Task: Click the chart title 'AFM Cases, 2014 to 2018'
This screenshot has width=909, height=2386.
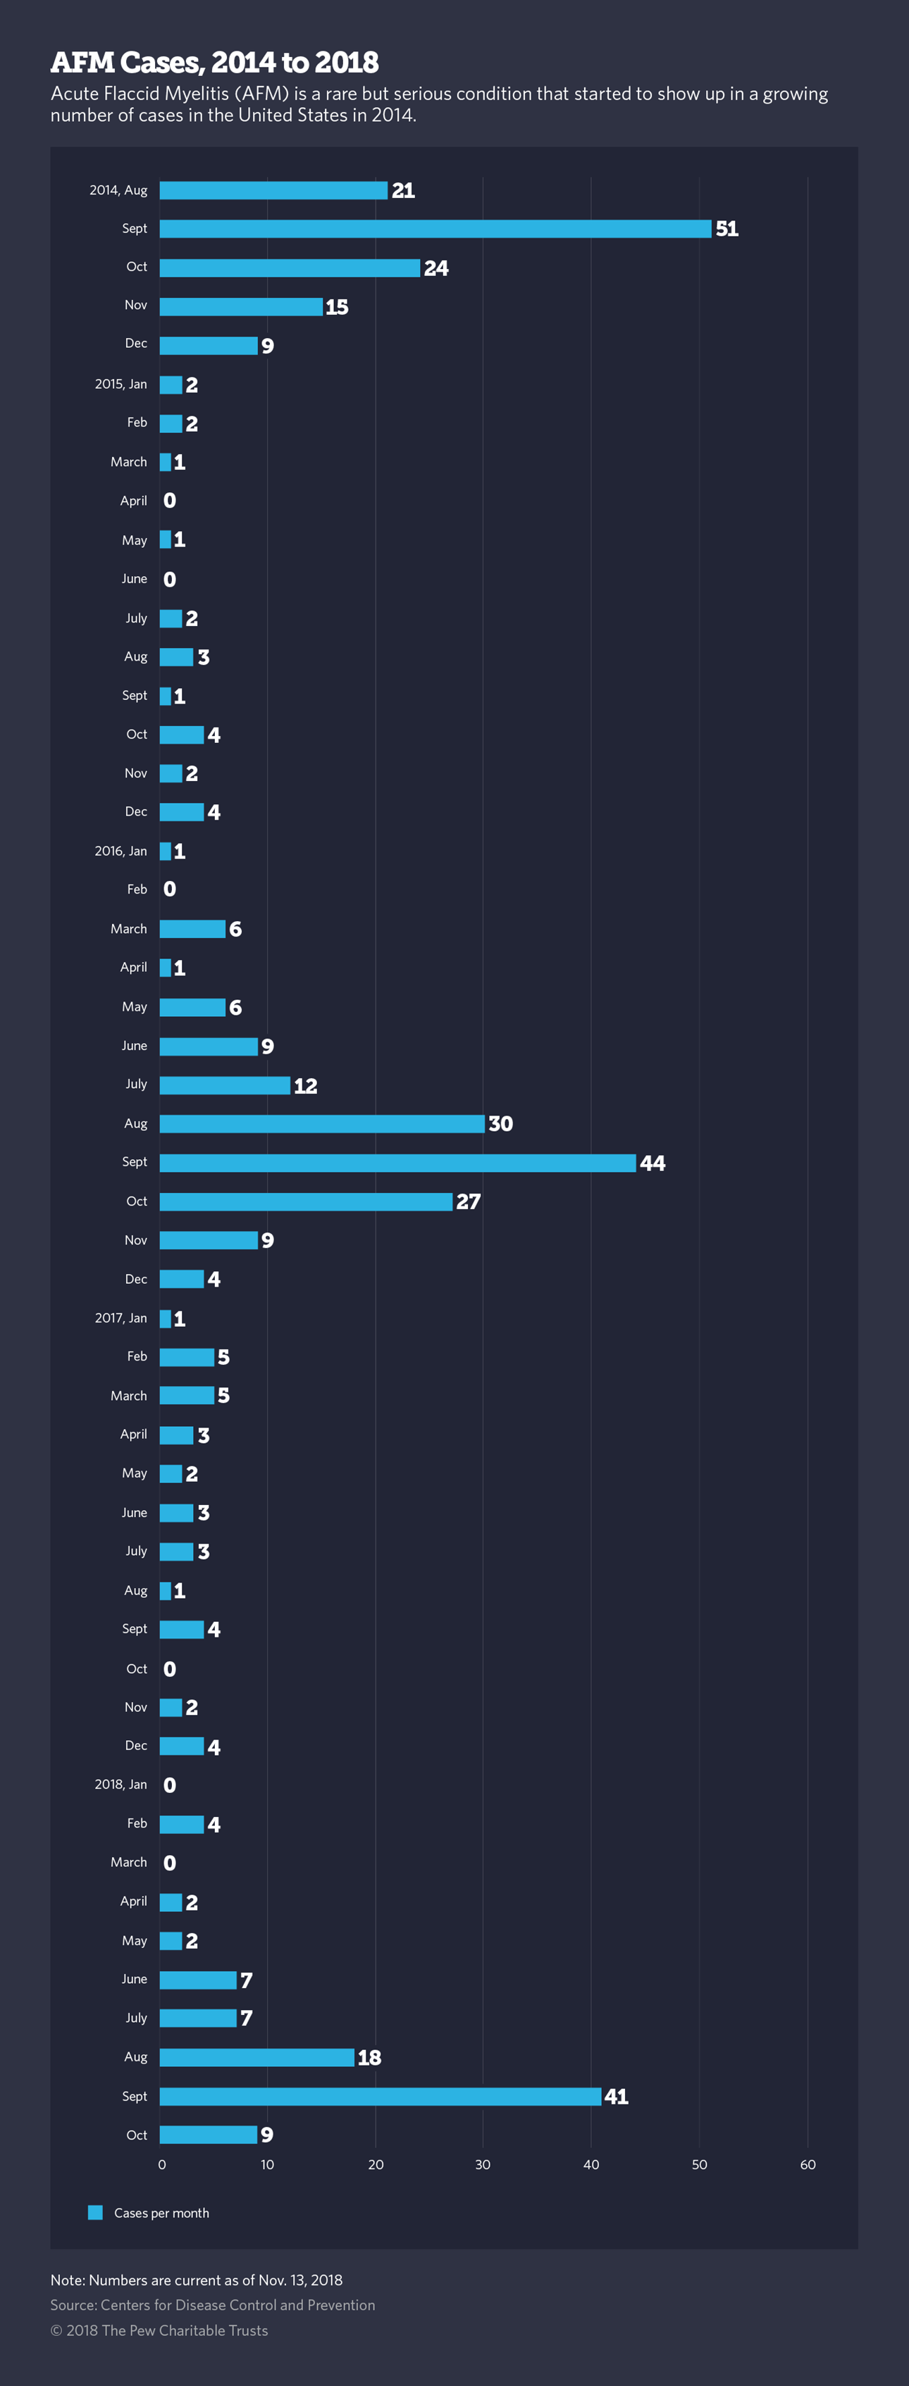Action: point(214,62)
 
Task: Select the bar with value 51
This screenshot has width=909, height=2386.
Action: point(435,229)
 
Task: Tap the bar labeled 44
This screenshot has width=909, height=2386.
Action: point(397,1163)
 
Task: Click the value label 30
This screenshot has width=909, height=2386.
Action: point(500,1123)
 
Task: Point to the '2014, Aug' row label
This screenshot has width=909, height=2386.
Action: point(118,190)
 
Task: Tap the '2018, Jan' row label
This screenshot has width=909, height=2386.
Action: point(120,1784)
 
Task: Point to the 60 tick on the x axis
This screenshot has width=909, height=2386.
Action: point(808,2165)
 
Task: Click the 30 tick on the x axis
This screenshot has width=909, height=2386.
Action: point(483,2165)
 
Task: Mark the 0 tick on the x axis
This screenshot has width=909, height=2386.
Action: point(162,2165)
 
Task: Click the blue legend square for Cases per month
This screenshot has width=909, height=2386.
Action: point(95,2213)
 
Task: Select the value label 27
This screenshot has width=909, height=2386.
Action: point(468,1201)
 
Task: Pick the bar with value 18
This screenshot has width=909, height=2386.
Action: point(256,2057)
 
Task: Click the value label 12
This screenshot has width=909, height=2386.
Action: point(306,1085)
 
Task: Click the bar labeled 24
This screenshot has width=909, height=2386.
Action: point(289,268)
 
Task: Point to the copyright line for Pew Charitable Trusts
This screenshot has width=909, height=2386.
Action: point(159,2330)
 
